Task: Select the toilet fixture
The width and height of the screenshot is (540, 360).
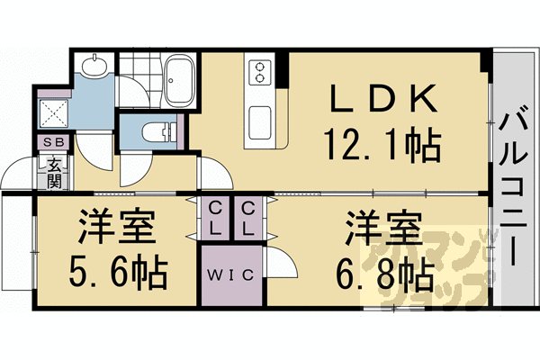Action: (x=158, y=133)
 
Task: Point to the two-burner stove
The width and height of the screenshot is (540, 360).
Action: (x=260, y=71)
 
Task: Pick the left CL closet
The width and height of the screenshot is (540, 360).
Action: (x=216, y=218)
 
